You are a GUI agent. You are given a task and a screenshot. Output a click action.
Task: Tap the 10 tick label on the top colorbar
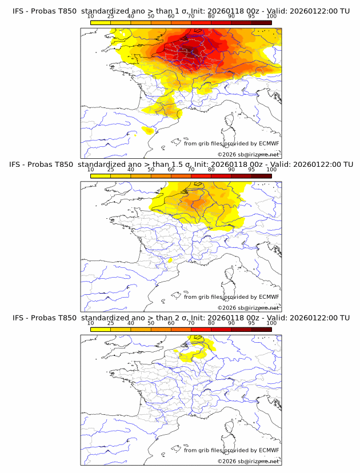(91, 16)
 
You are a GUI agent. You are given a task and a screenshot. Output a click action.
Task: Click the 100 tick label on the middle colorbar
(271, 170)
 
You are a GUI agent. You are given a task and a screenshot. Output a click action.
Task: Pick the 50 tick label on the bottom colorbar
(151, 323)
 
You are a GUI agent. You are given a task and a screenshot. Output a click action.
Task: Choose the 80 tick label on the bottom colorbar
(211, 323)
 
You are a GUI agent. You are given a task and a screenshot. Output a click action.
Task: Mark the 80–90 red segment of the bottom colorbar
(221, 329)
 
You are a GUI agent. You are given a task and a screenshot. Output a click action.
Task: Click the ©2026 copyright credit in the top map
(249, 155)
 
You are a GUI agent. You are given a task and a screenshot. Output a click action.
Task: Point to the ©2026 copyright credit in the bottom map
(249, 462)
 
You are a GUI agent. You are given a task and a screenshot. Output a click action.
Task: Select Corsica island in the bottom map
(230, 427)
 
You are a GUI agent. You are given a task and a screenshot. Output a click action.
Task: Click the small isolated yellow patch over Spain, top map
(149, 131)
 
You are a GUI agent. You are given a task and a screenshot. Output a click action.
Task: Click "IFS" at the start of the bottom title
(19, 318)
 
